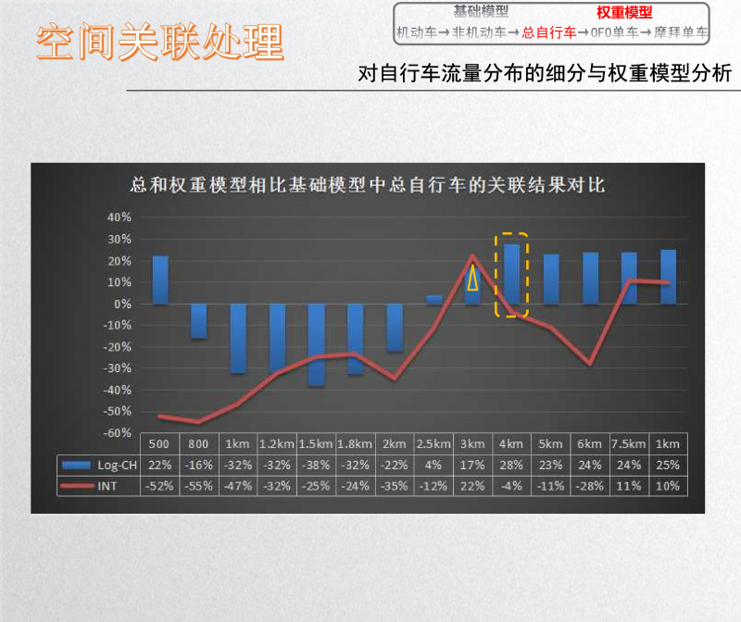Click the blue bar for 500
point(160,280)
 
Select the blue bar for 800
point(199,321)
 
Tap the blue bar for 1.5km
point(316,345)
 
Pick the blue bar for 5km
point(551,280)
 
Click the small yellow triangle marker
point(472,278)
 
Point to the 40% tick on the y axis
point(119,218)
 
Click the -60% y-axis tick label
point(118,433)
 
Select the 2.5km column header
point(433,444)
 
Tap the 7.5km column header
point(629,444)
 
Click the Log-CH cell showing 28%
point(511,466)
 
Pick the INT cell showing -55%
point(198,486)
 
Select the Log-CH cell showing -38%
point(316,466)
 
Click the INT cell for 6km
point(589,486)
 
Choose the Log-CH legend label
point(118,466)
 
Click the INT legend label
point(107,486)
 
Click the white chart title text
point(368,185)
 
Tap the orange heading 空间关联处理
point(160,42)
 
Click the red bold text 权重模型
point(624,12)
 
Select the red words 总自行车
point(549,32)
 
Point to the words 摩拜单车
point(681,32)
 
